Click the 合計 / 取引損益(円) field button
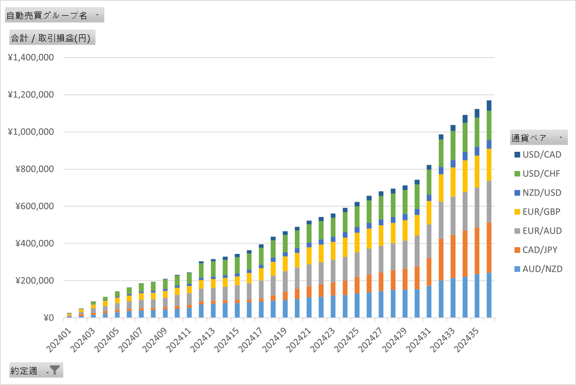point(52,38)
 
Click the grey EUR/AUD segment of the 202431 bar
point(429,241)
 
